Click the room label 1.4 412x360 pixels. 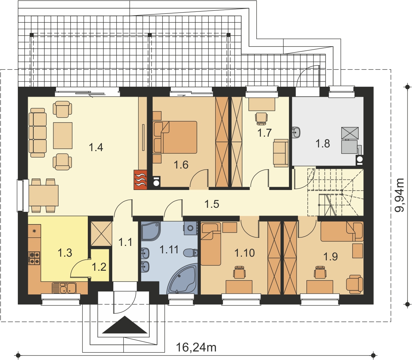tap(96, 147)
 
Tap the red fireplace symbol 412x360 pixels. tap(140, 180)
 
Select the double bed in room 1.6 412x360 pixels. tap(175, 137)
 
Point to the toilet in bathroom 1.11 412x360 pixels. tap(190, 253)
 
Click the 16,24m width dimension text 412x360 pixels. tap(196, 347)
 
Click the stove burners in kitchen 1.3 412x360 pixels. tap(34, 258)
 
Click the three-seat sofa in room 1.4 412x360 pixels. tap(37, 135)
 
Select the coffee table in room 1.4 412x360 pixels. tap(63, 136)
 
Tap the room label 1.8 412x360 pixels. tap(323, 144)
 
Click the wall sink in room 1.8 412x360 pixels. tap(296, 132)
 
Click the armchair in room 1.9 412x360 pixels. tap(355, 284)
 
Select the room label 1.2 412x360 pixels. tap(99, 267)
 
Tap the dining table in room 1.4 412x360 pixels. tap(43, 195)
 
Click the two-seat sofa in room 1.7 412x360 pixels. tap(280, 153)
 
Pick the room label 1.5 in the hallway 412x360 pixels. tap(212, 204)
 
